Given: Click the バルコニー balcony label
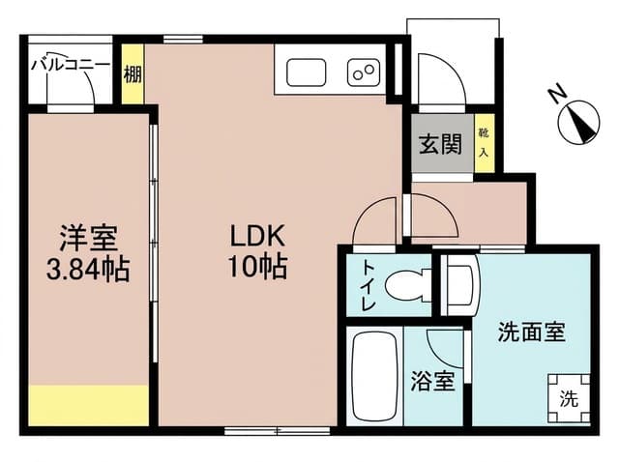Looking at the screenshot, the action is coord(71,65).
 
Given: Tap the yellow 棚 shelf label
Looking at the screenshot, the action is coord(133,74).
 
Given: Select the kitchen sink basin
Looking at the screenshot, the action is coord(306,72).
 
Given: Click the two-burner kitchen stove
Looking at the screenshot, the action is coord(364,72).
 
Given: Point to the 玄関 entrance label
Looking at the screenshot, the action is coord(440,144).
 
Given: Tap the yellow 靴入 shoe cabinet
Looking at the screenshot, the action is coord(484,143).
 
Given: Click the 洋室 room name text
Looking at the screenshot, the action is coord(88,238).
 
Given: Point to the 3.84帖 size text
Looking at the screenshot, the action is coord(88,269).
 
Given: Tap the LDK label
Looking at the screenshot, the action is coord(257,237).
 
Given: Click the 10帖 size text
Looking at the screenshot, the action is coord(257,267).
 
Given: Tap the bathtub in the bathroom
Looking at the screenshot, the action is coord(374,376).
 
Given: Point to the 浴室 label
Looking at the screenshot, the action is coord(432,381).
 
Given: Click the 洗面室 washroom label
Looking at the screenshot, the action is coord(532,332).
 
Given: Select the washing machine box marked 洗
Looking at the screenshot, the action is coord(569,398).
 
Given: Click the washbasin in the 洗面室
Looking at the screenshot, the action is coord(460,285).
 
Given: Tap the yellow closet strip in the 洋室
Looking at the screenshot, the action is coord(88,405).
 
